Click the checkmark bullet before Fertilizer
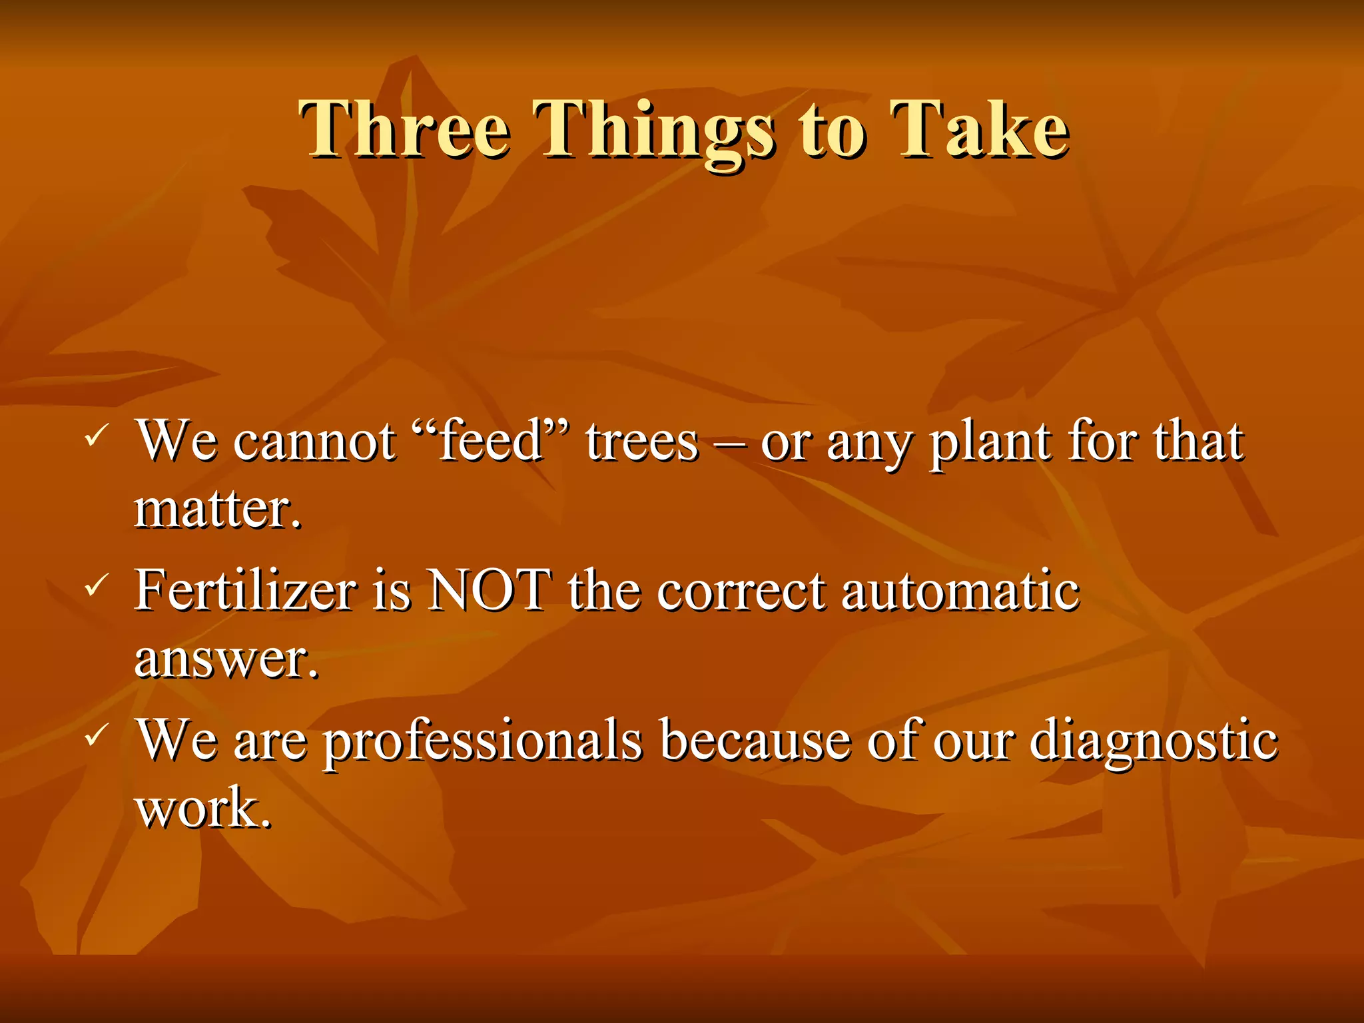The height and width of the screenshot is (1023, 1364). pyautogui.click(x=95, y=586)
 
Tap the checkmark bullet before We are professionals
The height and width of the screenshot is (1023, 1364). pyautogui.click(x=95, y=735)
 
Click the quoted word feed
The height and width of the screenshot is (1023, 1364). pyautogui.click(x=491, y=441)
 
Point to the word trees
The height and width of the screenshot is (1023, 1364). pyautogui.click(x=642, y=442)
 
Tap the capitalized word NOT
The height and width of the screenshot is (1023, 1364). pyautogui.click(x=490, y=590)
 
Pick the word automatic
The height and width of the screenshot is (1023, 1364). pyautogui.click(x=960, y=590)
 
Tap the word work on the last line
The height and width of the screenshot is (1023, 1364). pyautogui.click(x=202, y=809)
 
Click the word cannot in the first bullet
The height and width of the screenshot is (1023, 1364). pyautogui.click(x=314, y=442)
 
